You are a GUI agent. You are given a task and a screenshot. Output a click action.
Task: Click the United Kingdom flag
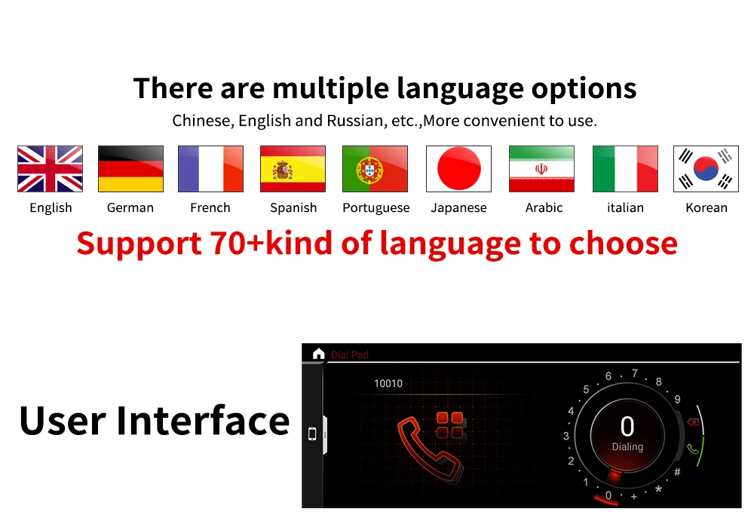tap(50, 169)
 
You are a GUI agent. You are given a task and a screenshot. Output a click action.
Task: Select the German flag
tap(130, 169)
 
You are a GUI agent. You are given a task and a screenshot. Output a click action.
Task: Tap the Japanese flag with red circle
tap(458, 169)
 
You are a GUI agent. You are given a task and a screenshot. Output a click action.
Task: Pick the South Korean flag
tap(706, 169)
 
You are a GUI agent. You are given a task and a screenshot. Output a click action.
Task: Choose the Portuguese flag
tap(375, 169)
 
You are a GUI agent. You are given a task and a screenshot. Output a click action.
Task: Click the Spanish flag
tap(293, 169)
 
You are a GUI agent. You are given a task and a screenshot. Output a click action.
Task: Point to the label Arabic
tap(544, 207)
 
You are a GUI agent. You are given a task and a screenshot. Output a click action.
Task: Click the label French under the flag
tap(210, 207)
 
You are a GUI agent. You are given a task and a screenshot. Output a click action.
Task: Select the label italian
tap(625, 207)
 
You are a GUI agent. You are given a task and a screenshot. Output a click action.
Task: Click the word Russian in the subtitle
tap(357, 120)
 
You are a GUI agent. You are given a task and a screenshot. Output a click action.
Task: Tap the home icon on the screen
tap(318, 354)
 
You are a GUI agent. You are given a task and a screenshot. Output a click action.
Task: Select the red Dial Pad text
tap(350, 355)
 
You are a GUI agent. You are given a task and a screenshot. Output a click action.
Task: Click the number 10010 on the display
tap(388, 383)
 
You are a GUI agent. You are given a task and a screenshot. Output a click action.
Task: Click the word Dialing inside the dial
tap(627, 447)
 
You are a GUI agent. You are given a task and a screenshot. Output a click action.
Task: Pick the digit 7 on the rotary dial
tap(635, 373)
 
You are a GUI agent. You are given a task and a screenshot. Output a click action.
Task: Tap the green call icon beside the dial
tap(693, 449)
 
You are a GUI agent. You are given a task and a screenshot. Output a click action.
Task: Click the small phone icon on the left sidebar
tap(312, 434)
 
